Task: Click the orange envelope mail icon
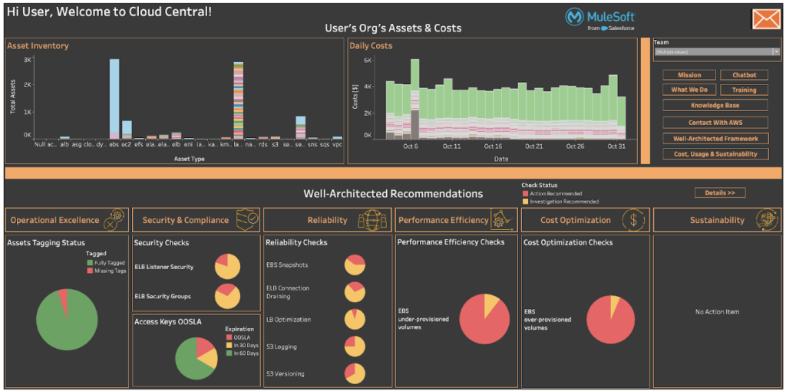(765, 19)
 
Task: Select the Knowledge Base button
(715, 105)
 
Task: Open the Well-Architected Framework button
(715, 139)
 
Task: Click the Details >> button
(719, 193)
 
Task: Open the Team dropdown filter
(716, 52)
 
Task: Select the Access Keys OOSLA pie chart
(196, 357)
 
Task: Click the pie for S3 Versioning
(354, 373)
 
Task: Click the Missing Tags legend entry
(107, 271)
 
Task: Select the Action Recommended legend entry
(551, 194)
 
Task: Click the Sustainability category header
(716, 220)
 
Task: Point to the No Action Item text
(716, 312)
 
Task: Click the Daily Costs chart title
(371, 46)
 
